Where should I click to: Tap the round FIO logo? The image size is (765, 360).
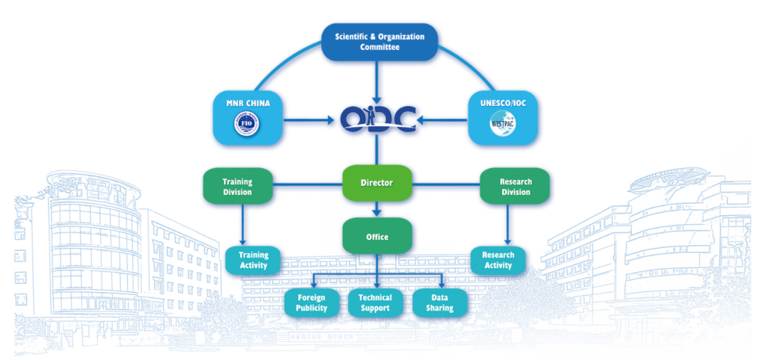pyautogui.click(x=245, y=124)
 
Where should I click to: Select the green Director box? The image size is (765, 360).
pyautogui.click(x=377, y=182)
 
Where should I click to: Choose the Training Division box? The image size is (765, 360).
pyautogui.click(x=238, y=187)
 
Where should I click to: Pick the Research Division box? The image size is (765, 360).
pyautogui.click(x=515, y=187)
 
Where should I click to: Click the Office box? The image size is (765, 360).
pyautogui.click(x=377, y=236)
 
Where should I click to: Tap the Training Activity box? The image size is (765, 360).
pyautogui.click(x=253, y=260)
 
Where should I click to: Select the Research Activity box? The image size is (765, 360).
pyautogui.click(x=498, y=260)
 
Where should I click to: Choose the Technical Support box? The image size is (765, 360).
pyautogui.click(x=375, y=302)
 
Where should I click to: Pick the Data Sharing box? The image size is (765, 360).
pyautogui.click(x=440, y=302)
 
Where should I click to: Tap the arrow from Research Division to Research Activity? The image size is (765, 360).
pyautogui.click(x=509, y=224)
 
